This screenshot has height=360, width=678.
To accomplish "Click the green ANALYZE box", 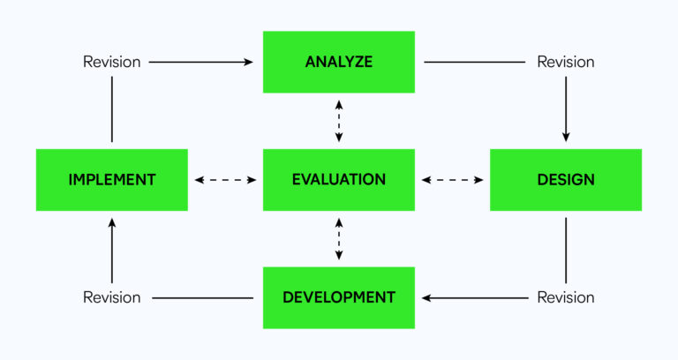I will click(339, 62).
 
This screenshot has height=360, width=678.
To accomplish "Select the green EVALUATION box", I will click(339, 180).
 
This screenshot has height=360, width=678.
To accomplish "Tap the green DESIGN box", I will click(566, 180).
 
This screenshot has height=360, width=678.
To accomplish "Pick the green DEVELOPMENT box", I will click(339, 297).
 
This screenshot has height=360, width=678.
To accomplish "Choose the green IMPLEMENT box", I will click(112, 180).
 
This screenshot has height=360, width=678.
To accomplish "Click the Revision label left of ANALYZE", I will click(112, 62).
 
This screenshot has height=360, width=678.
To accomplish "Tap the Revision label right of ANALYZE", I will click(566, 62).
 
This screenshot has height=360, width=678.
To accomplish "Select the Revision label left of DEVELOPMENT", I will click(112, 297).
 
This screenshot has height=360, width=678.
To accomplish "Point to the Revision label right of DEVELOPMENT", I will click(566, 297).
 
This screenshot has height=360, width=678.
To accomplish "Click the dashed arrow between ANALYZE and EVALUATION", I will click(339, 121).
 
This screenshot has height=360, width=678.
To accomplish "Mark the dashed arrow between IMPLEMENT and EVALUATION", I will click(225, 180).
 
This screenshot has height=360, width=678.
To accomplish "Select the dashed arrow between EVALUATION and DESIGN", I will click(452, 180).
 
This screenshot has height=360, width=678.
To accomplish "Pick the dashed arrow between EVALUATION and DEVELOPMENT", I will click(339, 238).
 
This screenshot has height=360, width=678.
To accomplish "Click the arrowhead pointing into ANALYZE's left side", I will click(249, 62).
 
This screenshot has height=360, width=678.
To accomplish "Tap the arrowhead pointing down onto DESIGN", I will click(566, 137).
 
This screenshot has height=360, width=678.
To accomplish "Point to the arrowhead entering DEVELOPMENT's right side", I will click(427, 297).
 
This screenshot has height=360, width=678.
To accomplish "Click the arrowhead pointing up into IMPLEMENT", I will click(112, 223).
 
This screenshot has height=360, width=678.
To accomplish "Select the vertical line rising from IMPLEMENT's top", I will click(112, 110).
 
